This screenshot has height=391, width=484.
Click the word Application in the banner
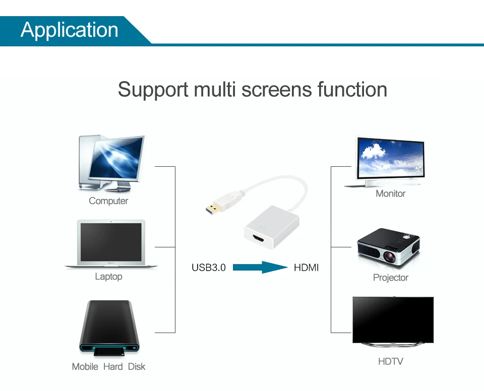pos(70,30)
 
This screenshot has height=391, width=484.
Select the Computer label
pos(108,201)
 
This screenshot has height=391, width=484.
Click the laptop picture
pos(111,244)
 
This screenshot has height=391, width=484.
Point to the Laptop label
pos(108,277)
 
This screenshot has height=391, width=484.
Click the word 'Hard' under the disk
pos(113,367)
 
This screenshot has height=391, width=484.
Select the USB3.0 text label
pos(209,268)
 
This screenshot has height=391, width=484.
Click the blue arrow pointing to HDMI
pos(260,268)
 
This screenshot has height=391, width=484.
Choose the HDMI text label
pos(307,268)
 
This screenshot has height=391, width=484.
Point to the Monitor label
pos(390,193)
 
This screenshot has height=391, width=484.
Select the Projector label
pos(390,278)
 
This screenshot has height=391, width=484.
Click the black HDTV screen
pos(393,319)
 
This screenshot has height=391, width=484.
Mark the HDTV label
pos(390,361)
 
